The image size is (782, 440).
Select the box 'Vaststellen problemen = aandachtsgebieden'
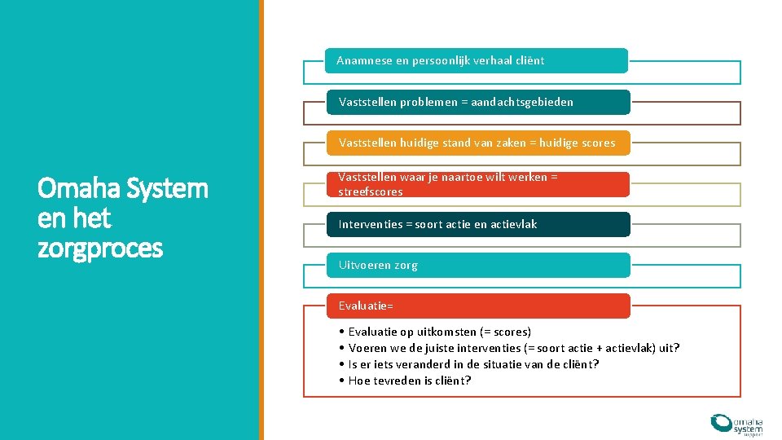478,102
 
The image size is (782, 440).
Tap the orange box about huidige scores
478,143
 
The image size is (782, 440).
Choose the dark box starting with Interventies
478,224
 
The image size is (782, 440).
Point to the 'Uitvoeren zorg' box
478,265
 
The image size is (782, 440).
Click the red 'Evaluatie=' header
478,306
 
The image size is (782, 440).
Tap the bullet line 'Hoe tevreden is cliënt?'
409,381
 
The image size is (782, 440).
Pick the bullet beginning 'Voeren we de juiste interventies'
513,348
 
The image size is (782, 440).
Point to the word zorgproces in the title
100,247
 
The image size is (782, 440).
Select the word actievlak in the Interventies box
512,224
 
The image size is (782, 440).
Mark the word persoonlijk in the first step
442,60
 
